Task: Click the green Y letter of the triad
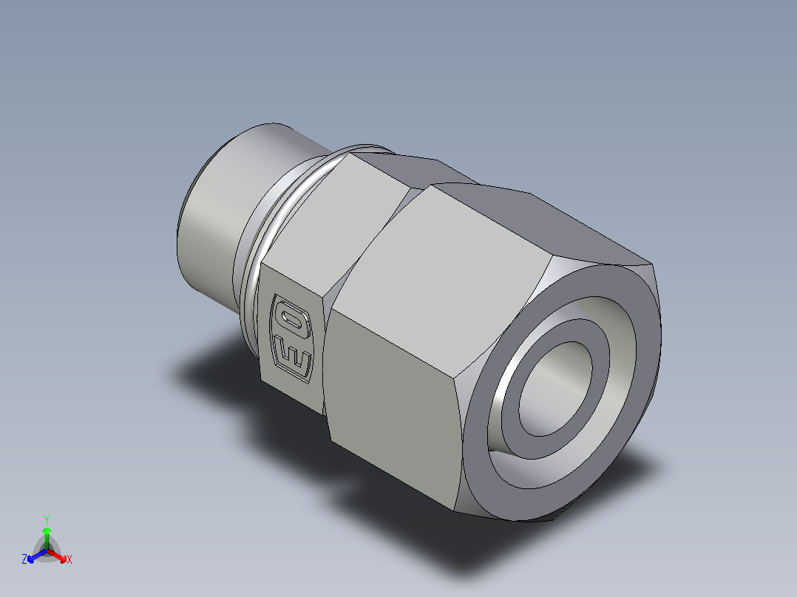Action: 46,519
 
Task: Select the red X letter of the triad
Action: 69,560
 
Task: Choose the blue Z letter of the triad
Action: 24,560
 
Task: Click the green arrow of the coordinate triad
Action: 47,535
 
